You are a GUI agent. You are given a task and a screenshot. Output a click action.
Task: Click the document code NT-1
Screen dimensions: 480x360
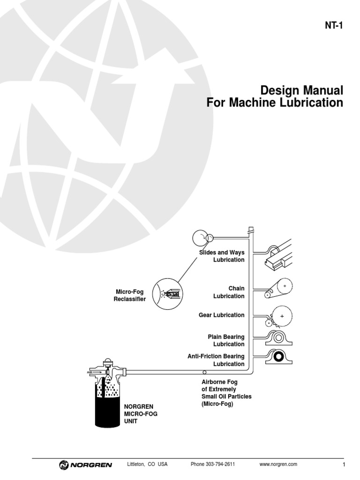[333, 26]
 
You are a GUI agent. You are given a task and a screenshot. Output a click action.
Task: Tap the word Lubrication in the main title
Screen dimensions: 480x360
[315, 103]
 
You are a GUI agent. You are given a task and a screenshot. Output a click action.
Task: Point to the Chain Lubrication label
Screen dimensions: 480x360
[229, 292]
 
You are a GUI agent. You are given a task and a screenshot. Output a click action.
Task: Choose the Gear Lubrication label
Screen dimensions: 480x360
[221, 315]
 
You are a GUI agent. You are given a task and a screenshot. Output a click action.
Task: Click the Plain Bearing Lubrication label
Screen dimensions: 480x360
[226, 340]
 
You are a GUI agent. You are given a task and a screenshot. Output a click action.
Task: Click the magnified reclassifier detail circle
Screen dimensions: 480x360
[167, 294]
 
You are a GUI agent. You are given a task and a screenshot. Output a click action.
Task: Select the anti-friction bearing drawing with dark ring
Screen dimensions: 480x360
[280, 357]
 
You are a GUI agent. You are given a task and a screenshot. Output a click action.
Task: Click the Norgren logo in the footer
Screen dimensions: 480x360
[86, 465]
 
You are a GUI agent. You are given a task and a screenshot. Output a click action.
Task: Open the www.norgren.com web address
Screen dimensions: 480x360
[278, 465]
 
